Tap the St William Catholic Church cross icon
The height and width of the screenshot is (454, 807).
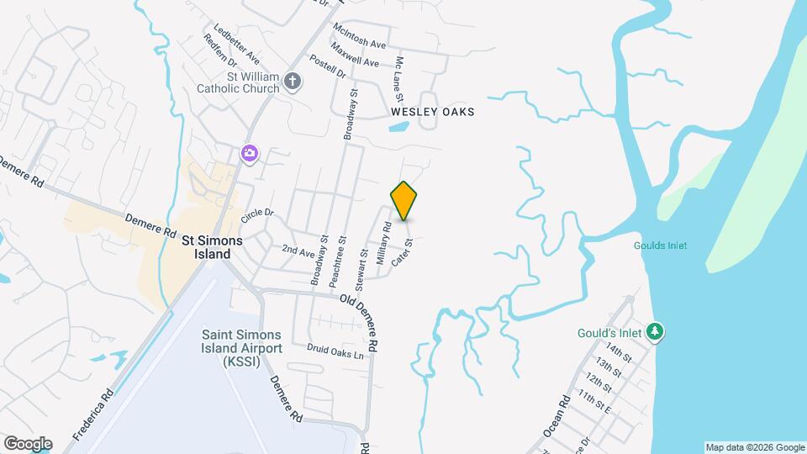[293, 81]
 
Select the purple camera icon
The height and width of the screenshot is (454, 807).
[250, 152]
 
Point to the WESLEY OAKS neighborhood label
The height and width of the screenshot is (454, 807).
[433, 112]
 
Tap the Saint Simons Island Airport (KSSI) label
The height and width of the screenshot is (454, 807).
[241, 347]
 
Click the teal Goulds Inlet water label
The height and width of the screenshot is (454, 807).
[660, 245]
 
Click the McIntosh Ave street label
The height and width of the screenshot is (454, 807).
[359, 36]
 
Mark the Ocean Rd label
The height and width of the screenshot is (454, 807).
[557, 417]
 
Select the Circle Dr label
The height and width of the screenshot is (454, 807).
[257, 214]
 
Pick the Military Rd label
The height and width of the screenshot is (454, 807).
[383, 245]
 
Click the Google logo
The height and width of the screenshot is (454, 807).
[28, 444]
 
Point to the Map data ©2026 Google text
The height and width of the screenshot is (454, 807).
[754, 447]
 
